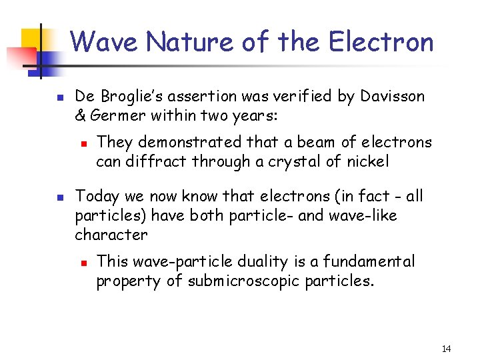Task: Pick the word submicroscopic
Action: pyautogui.click(x=244, y=281)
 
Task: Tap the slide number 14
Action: pyautogui.click(x=446, y=349)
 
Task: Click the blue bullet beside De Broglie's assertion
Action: pyautogui.click(x=59, y=98)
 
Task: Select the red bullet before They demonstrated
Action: pyautogui.click(x=81, y=143)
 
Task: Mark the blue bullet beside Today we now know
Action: pyautogui.click(x=59, y=197)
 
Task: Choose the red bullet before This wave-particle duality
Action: pyautogui.click(x=81, y=263)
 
